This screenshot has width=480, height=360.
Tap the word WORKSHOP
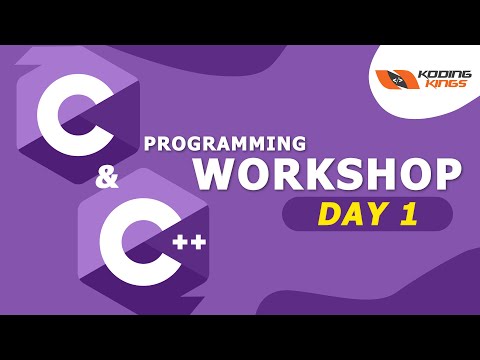pos(328,173)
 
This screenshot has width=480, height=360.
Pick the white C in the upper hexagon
pos(63,115)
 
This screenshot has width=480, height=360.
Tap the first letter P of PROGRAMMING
pos(150,142)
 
